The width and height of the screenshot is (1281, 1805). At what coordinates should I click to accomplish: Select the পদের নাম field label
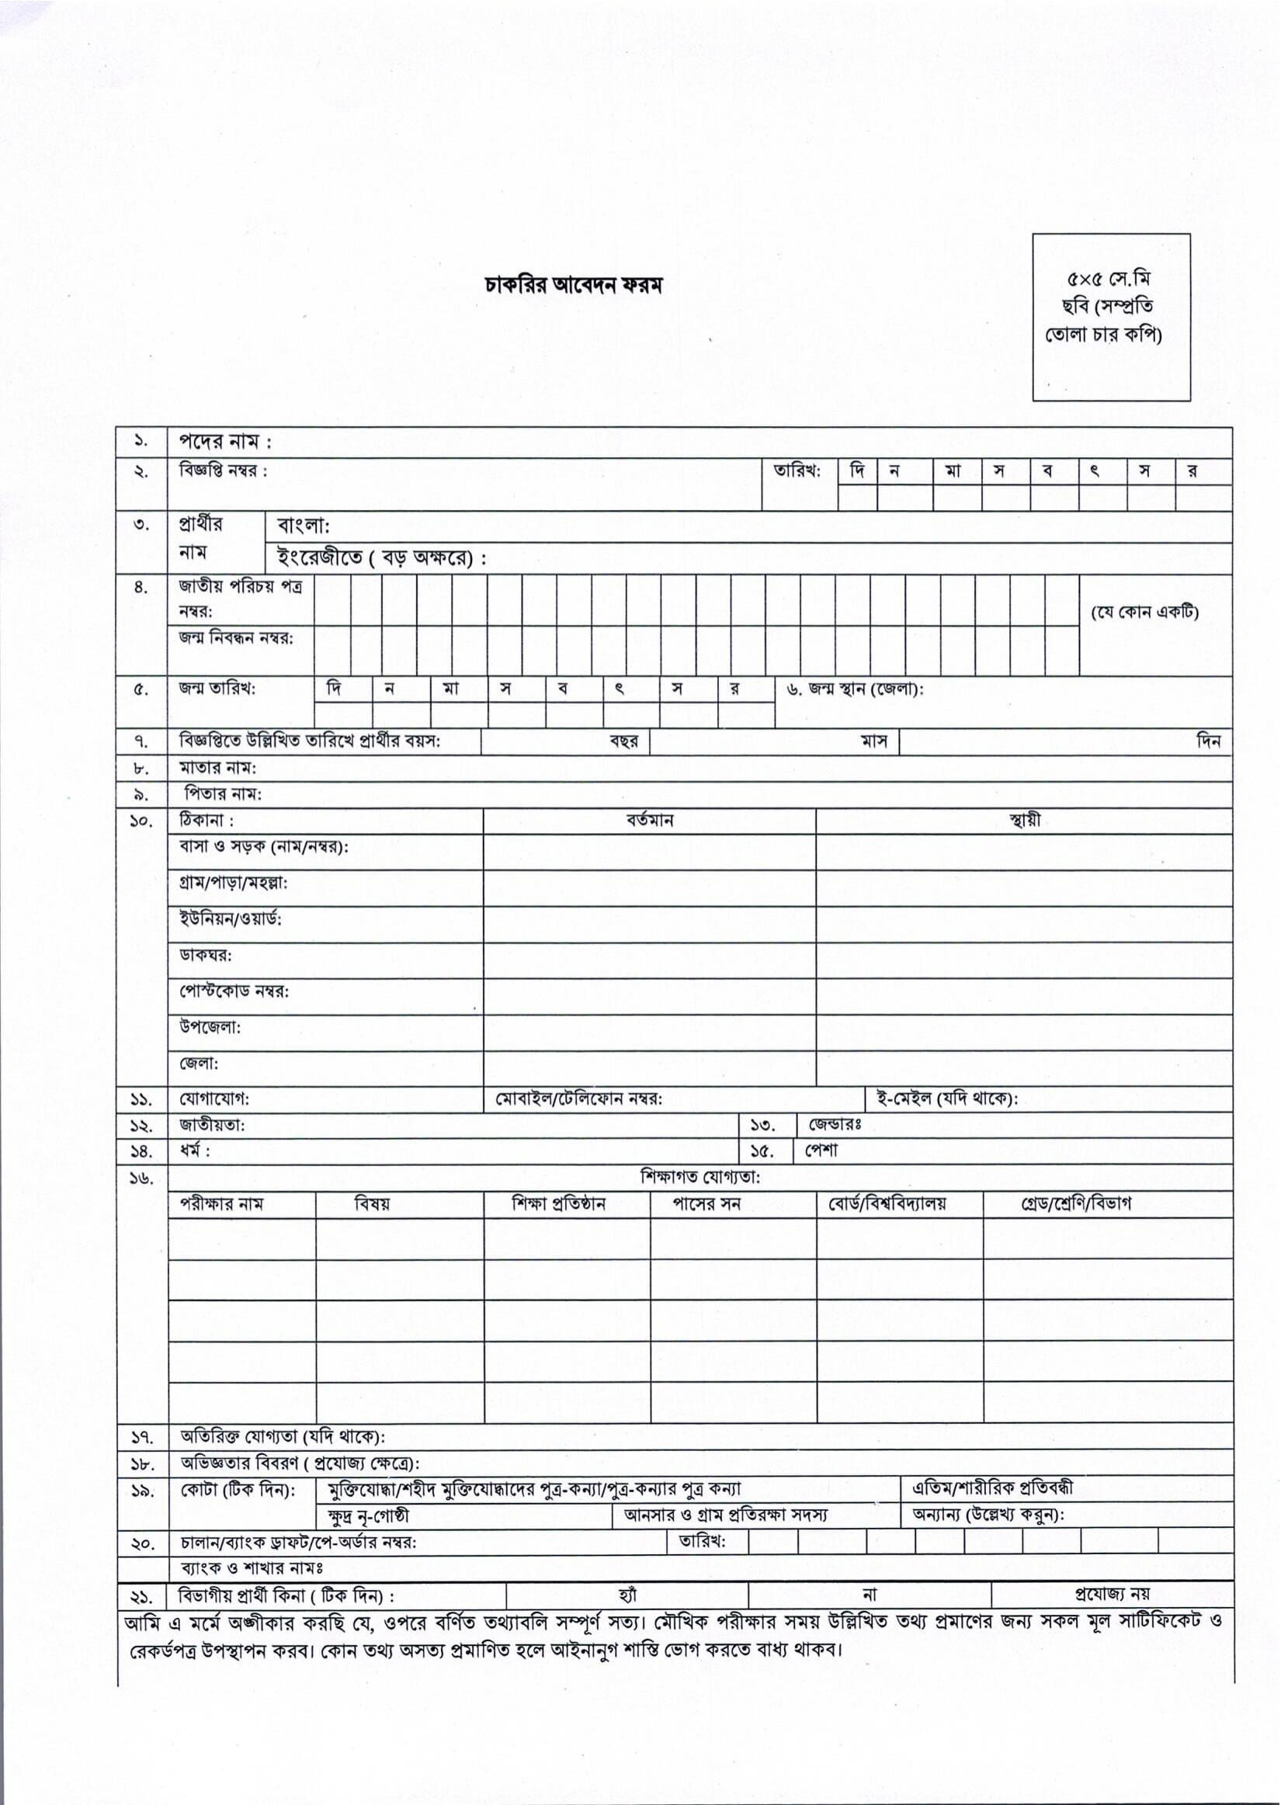point(225,442)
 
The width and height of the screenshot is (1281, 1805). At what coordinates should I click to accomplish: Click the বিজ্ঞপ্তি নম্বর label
point(224,470)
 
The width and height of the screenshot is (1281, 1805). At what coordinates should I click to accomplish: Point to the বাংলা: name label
point(303,526)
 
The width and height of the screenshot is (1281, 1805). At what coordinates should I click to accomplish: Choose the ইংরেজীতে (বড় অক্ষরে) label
point(381,558)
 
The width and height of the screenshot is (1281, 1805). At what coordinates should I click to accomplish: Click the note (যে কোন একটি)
point(1144,612)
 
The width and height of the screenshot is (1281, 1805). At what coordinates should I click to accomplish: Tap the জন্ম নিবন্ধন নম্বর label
point(236,637)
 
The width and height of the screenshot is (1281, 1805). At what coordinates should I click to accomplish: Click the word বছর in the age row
point(623,741)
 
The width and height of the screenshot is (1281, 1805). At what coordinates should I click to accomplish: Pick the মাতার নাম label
point(217,767)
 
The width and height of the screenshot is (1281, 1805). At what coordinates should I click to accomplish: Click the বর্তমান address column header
point(649,820)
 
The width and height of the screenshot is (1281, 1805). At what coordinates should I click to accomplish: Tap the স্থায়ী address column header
point(1025,820)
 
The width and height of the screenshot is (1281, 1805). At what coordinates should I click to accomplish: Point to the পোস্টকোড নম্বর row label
point(234,991)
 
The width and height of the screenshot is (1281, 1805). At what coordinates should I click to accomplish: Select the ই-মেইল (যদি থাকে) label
point(946,1099)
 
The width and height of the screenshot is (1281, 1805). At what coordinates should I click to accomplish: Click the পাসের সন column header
point(706,1204)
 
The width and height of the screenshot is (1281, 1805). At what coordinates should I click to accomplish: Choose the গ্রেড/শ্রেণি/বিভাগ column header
point(1076,1204)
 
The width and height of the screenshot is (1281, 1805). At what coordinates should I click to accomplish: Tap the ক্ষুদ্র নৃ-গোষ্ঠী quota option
point(367,1516)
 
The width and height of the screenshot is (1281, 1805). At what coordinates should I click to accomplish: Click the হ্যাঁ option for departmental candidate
point(628,1596)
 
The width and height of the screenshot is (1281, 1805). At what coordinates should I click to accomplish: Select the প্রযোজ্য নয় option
point(1113,1595)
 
